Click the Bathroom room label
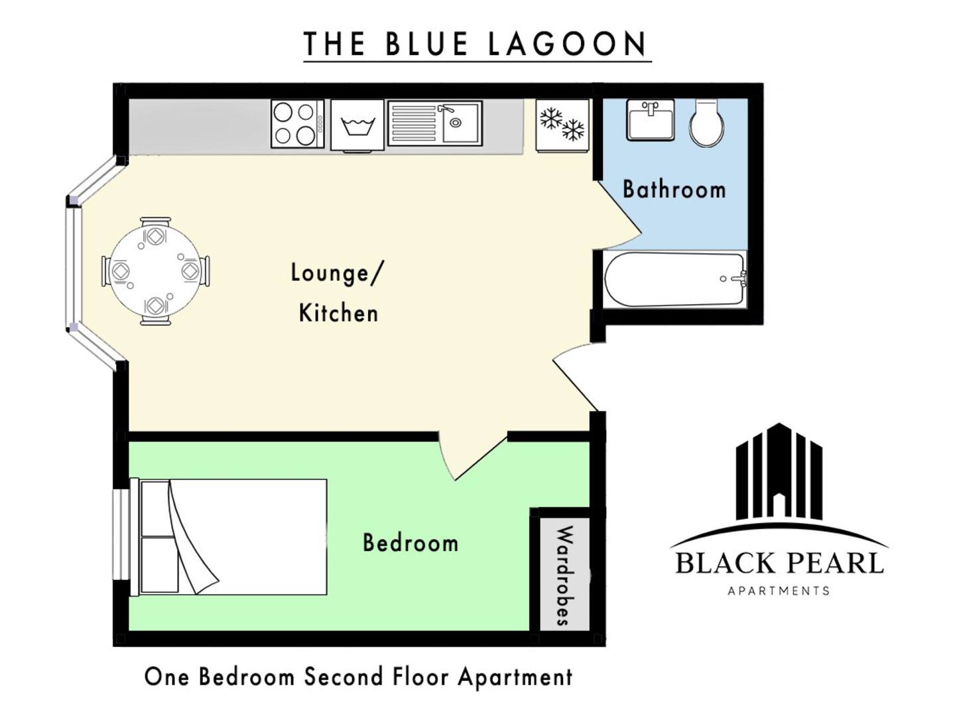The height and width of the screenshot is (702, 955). [x=674, y=189]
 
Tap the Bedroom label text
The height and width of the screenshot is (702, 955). [x=411, y=543]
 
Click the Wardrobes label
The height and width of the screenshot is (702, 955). [x=565, y=575]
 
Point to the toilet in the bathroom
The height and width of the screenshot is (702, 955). [x=706, y=123]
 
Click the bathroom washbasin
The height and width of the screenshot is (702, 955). [x=650, y=120]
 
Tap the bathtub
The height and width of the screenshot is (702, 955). [x=675, y=279]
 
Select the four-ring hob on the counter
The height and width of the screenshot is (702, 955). [x=297, y=124]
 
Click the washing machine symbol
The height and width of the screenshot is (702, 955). [x=357, y=125]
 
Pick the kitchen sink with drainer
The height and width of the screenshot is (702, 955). [x=435, y=123]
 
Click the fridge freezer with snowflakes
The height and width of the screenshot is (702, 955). [x=562, y=125]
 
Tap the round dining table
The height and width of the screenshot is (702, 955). [x=155, y=271]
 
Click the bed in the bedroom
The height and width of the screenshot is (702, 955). [x=229, y=537]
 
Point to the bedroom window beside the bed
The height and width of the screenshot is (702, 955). [x=121, y=534]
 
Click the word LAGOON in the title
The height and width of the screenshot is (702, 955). [x=567, y=44]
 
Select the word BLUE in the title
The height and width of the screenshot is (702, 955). [x=427, y=44]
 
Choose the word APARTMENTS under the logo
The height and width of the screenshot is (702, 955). [x=779, y=591]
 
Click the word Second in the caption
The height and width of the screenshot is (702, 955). [x=344, y=676]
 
